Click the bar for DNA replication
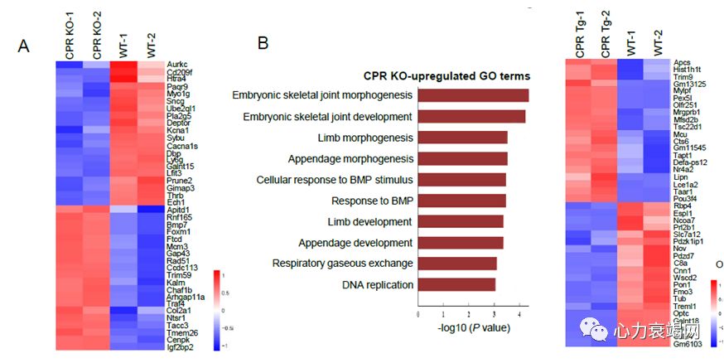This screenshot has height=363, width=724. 456,285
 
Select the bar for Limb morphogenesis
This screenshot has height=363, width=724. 462,138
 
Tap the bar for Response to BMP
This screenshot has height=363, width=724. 461,201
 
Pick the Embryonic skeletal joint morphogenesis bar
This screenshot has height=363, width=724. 473,95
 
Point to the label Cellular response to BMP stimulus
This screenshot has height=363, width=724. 334,179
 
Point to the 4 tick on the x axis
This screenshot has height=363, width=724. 519,315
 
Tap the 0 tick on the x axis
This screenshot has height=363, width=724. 418,315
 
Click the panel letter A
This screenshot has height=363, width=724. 24,46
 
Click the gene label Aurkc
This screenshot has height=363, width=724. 177,63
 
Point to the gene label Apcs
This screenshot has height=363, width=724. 682,62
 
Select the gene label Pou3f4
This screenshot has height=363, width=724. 687,199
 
